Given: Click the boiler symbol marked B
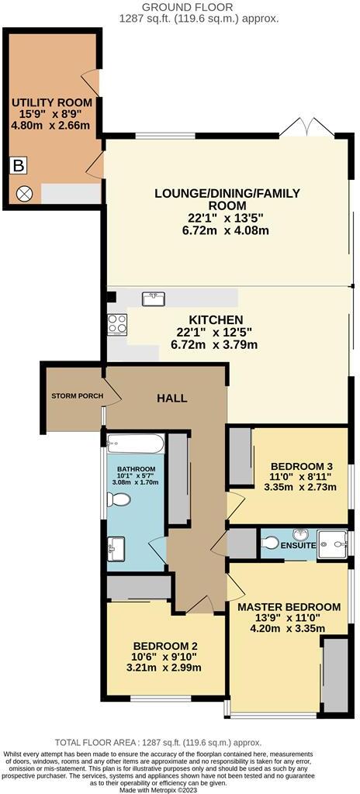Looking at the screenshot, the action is [x=19, y=166].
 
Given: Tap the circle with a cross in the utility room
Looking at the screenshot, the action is [x=24, y=193].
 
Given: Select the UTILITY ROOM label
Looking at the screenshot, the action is [x=51, y=102].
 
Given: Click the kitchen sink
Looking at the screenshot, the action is [x=152, y=299].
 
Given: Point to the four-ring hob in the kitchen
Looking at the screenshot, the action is [x=117, y=323].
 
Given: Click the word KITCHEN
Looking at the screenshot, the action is [x=216, y=320].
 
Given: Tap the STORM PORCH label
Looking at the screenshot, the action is [x=77, y=395].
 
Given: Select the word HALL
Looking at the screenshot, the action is [x=171, y=399].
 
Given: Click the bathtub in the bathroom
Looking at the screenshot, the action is [x=135, y=445].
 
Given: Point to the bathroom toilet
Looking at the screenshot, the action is [x=119, y=500].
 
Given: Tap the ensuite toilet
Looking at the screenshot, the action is [x=270, y=544].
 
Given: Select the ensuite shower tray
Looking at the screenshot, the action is [x=332, y=544].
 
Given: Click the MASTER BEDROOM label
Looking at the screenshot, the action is [x=289, y=607].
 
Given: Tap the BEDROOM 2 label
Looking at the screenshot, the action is [x=165, y=646].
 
